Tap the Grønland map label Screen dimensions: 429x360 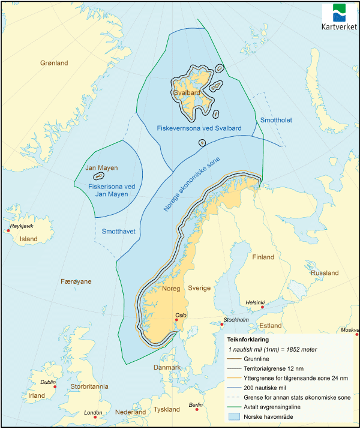coord(54,63)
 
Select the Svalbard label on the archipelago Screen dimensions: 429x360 coord(185,94)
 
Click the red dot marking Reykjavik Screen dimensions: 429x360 coord(8,230)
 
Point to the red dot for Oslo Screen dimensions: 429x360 coord(176,320)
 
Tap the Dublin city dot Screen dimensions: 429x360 coord(55,387)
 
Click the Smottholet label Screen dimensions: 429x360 coord(275,121)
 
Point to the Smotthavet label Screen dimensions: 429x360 coord(118,231)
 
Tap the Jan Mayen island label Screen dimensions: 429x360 coord(101,168)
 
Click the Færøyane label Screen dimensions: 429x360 coord(76,281)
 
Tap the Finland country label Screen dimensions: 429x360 coord(263,257)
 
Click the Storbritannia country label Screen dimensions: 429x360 coord(87,386)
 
